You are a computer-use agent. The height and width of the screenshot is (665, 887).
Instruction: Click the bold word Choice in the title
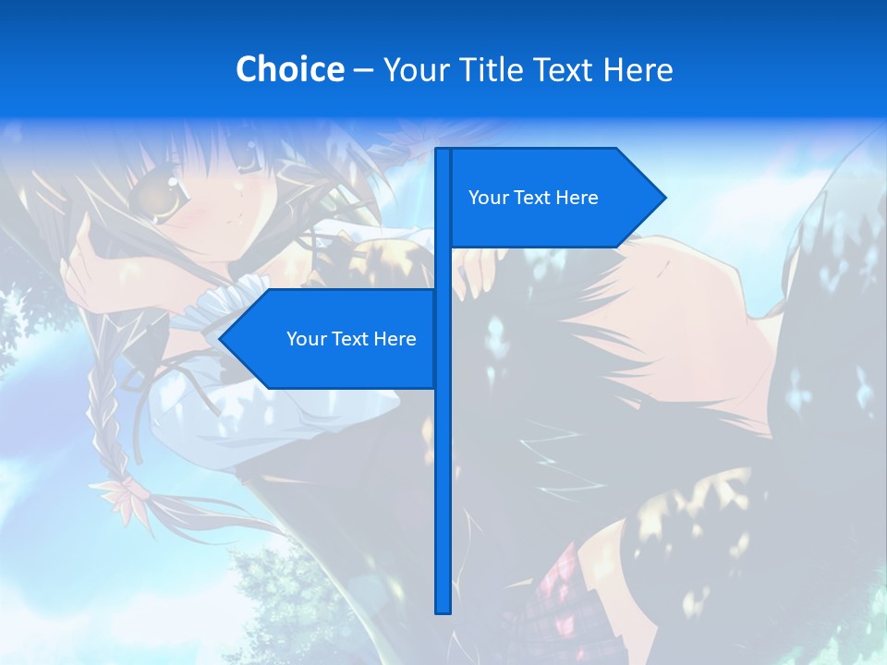(289, 69)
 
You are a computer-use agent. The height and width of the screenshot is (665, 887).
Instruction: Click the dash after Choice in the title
(363, 70)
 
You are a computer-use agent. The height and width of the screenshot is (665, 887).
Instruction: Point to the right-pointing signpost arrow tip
(663, 198)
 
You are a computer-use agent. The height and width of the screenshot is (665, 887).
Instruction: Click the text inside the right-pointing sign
(533, 198)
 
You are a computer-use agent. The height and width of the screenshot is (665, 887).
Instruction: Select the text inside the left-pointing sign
(351, 339)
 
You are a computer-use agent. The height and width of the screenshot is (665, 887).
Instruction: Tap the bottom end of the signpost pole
(443, 610)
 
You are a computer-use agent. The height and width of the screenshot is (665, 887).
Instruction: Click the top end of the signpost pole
(443, 151)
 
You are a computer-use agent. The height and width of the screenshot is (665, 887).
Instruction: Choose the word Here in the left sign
(395, 339)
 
